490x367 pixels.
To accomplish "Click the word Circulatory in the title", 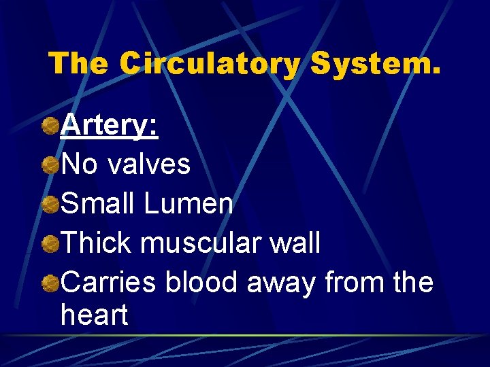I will point(209,64).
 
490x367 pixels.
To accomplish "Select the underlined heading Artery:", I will point(110,126).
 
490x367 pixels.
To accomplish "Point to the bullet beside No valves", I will point(50,165).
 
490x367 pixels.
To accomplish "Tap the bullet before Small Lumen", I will point(50,204).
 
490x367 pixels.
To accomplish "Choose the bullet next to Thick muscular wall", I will point(50,243).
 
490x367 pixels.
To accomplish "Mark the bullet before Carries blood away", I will point(50,282).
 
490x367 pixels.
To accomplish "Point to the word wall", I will point(295,243).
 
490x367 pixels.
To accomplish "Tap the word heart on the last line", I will point(94,315).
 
